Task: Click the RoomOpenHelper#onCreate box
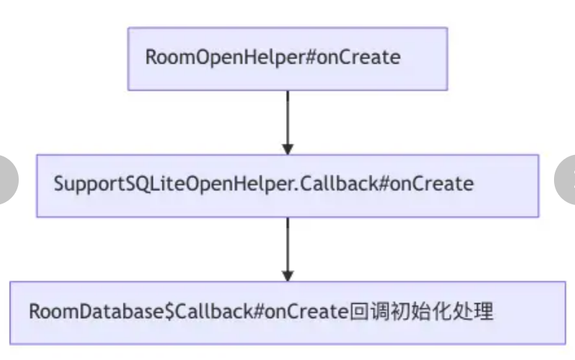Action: tap(287, 58)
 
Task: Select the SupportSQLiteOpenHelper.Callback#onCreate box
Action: tap(287, 185)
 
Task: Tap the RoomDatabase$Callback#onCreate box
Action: tap(287, 312)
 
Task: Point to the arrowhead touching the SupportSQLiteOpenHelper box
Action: tap(287, 148)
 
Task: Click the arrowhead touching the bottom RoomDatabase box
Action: tap(287, 275)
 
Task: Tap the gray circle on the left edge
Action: tap(6, 179)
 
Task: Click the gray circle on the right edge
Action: tap(566, 179)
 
